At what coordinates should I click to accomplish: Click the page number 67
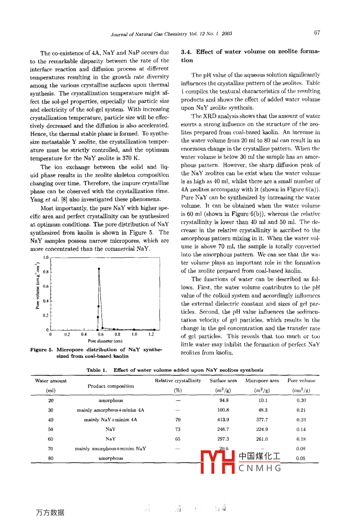[x=317, y=33]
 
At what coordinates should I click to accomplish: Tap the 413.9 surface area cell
[x=223, y=420]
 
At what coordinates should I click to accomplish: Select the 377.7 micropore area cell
[x=262, y=420]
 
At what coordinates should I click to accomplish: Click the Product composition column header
[x=111, y=386]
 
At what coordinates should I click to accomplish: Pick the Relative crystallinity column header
[x=178, y=381]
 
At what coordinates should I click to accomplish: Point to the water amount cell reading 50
[x=51, y=429]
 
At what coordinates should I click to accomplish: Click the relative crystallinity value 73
[x=178, y=429]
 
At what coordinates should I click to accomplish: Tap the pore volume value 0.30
[x=301, y=400]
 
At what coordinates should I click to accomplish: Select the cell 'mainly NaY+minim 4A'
[x=111, y=420]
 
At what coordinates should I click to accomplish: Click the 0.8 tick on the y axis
[x=46, y=272]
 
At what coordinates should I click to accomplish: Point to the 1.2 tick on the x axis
[x=151, y=335]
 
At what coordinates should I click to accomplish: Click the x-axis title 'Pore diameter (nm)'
[x=105, y=341]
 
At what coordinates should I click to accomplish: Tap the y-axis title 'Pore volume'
[x=38, y=286]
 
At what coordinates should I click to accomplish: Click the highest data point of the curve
[x=99, y=269]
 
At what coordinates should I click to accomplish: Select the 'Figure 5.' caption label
[x=41, y=349]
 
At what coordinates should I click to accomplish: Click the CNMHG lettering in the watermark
[x=260, y=468]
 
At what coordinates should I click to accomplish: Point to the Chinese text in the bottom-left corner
[x=50, y=512]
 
